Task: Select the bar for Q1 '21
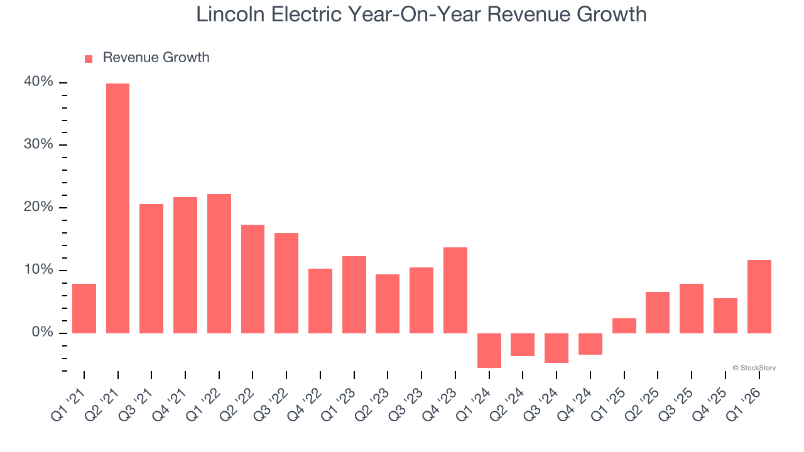point(84,308)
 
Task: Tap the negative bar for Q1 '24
point(489,350)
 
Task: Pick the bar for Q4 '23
point(455,290)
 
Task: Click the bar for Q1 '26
point(759,296)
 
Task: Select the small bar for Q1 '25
point(624,326)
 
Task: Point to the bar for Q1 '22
point(219,264)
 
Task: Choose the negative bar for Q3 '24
point(556,348)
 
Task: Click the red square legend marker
point(89,58)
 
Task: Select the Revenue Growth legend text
point(156,58)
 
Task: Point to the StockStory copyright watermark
point(754,368)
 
